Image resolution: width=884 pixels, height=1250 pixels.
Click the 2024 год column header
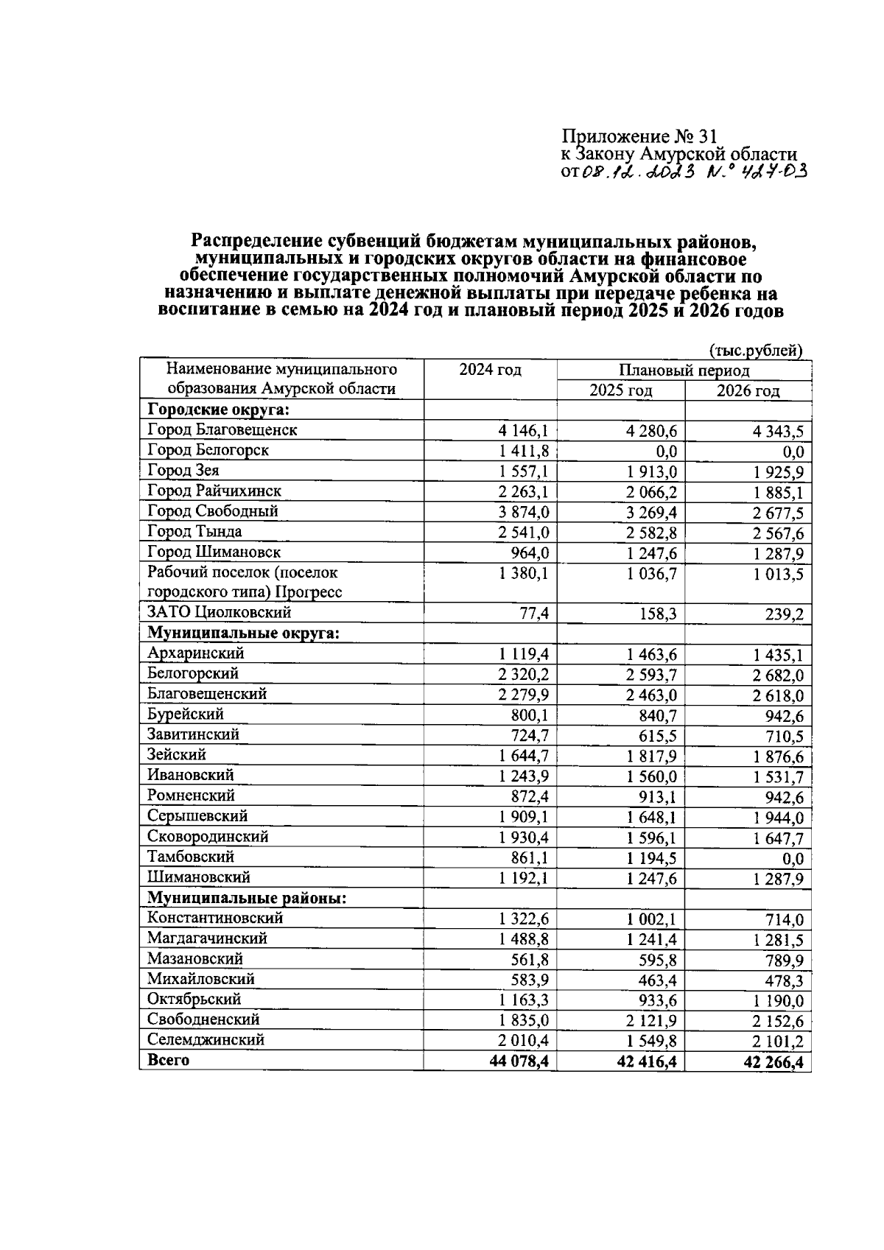tap(490, 370)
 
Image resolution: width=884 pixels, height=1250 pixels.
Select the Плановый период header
tap(684, 371)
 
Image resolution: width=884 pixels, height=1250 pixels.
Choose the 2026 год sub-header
tap(748, 391)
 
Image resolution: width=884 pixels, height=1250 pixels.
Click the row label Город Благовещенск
tap(222, 430)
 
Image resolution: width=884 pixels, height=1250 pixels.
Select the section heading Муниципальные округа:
tap(244, 633)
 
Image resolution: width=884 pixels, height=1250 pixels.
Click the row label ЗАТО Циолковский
tap(220, 613)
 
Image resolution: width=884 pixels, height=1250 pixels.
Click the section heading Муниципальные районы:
tap(248, 899)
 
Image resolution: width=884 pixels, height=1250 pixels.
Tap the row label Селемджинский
tap(206, 1040)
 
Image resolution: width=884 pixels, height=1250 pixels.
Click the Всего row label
tap(169, 1061)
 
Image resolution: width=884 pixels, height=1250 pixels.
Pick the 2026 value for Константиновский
tap(784, 920)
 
